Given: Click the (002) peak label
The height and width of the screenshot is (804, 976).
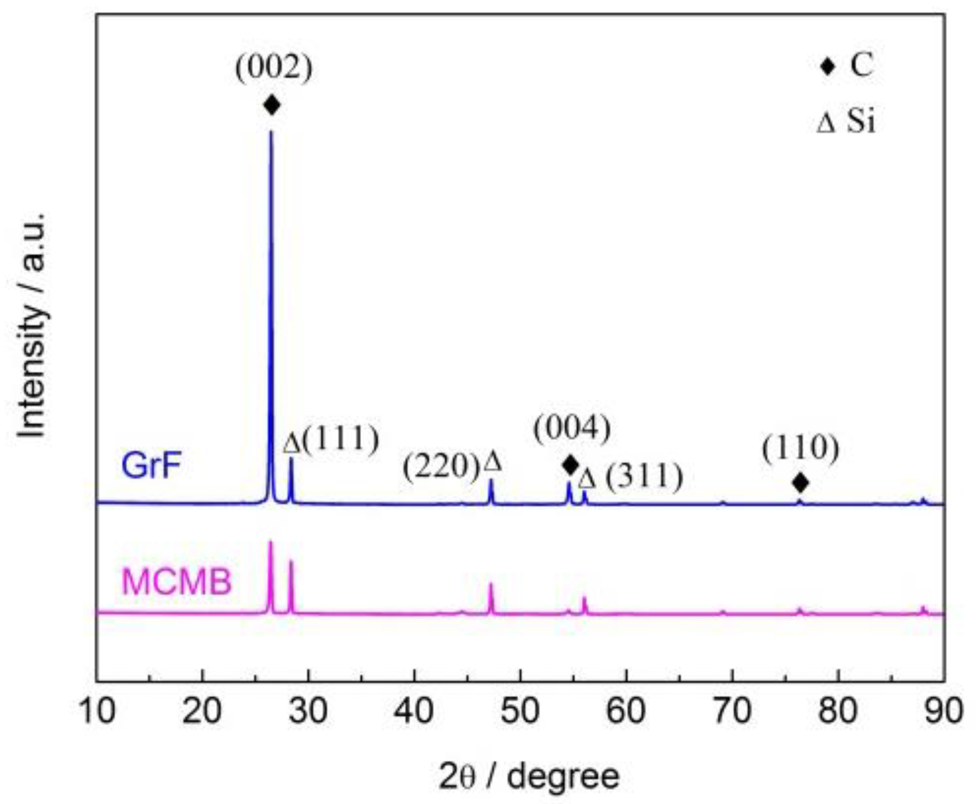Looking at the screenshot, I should coord(274,68).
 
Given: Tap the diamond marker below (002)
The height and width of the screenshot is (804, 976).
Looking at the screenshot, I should coord(271,104).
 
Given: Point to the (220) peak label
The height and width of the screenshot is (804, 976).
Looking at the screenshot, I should coord(441,468).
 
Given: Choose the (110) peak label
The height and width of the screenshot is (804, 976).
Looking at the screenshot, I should coord(800,449).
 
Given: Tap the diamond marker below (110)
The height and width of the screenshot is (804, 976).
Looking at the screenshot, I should coord(800,483).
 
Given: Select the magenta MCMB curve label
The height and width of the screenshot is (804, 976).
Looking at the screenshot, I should coord(176,582).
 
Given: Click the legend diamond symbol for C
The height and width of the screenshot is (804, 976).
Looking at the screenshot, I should coord(828,67).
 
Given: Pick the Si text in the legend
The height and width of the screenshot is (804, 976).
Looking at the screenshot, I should coord(861,121).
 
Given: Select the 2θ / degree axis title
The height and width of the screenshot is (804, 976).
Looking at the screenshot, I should coord(529,777).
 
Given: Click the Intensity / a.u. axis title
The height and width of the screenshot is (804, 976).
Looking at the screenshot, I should coord(32,325).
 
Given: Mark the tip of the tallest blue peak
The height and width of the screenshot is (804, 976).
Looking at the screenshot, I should coord(271,132).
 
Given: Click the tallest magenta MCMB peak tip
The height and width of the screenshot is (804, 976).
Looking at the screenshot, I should coord(270,542).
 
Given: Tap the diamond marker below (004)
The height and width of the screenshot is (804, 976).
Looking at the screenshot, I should coord(570,465).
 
